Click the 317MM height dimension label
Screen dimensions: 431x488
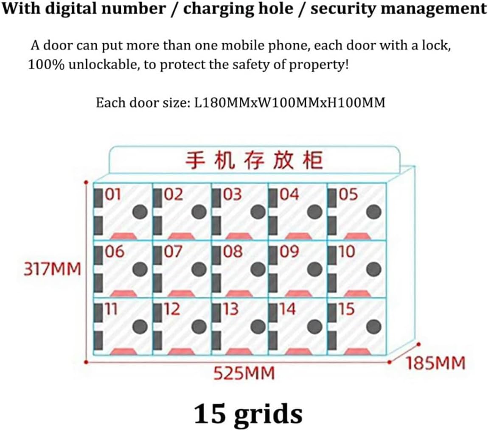pos(52,269)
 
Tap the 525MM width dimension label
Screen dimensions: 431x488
pos(244,374)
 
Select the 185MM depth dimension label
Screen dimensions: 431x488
pos(435,364)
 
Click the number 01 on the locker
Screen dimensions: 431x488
pos(113,195)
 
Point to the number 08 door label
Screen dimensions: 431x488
pos(233,252)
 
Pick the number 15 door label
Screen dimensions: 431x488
pos(346,309)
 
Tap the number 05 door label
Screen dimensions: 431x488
pos(348,195)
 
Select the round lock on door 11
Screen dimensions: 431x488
pos(140,326)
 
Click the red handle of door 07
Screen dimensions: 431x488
pos(181,293)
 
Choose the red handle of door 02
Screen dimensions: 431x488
pos(181,235)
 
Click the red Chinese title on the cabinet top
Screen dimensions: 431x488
pos(254,161)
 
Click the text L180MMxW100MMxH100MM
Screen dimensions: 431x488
pos(290,103)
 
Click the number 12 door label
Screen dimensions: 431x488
pos(172,309)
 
